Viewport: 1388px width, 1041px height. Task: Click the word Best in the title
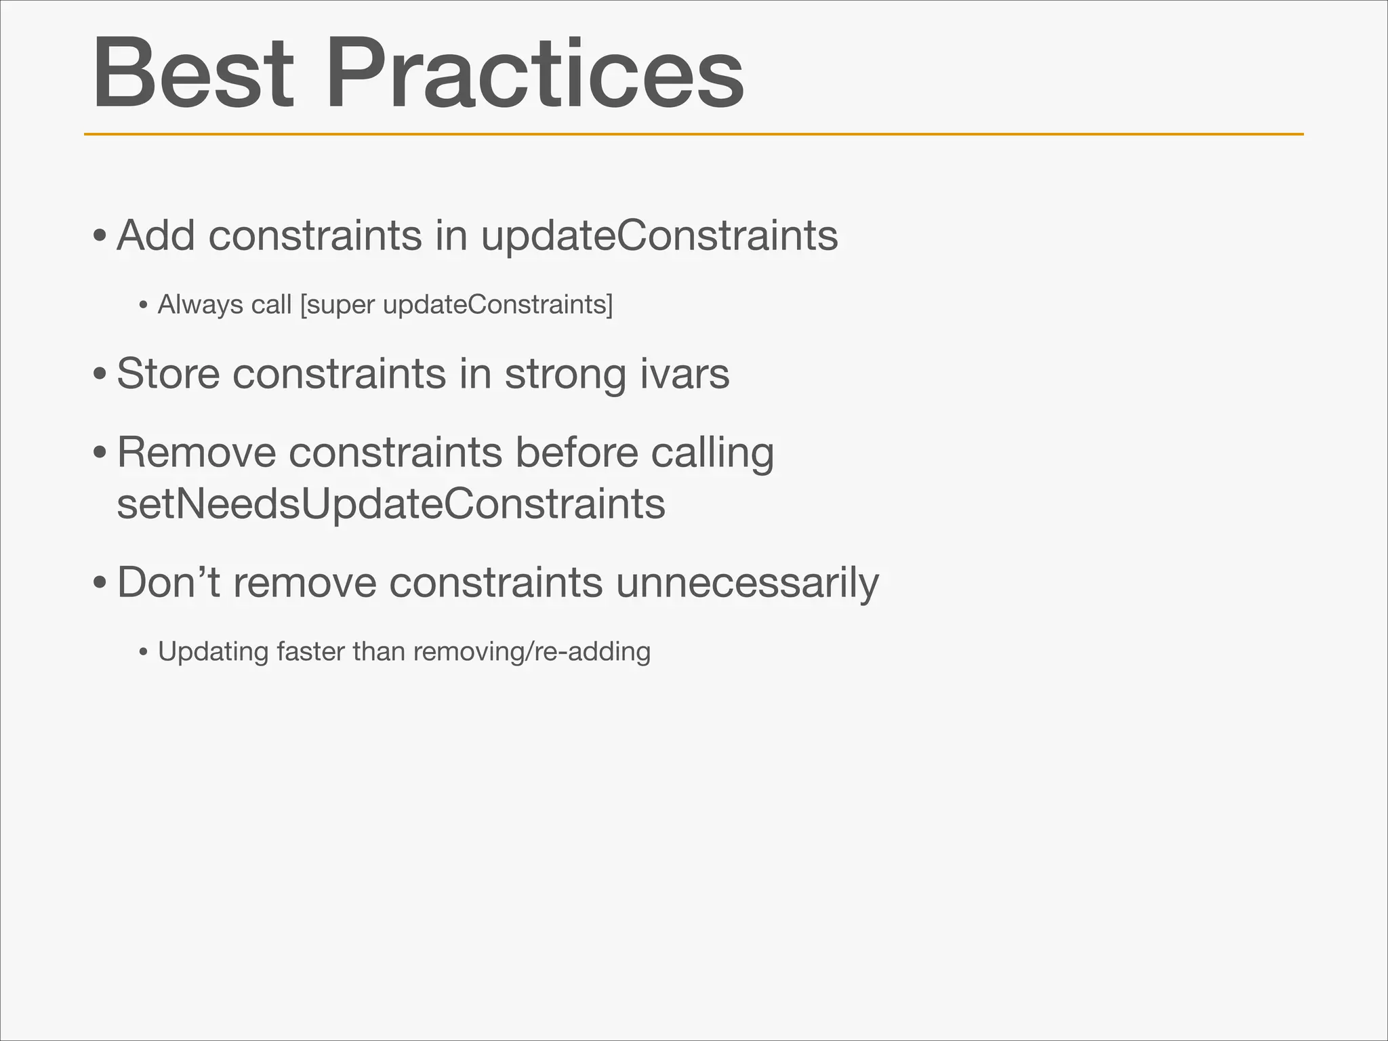(x=193, y=73)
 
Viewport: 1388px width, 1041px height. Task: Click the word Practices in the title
(x=535, y=73)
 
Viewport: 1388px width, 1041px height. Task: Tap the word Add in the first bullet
(x=156, y=235)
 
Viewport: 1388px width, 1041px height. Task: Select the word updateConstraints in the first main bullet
(x=659, y=237)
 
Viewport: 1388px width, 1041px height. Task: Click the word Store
(x=168, y=373)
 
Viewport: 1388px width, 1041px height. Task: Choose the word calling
(x=712, y=453)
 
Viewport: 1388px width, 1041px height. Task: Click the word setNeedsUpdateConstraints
(x=391, y=504)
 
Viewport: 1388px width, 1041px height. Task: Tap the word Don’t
(x=168, y=582)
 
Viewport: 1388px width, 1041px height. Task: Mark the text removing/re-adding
(x=531, y=652)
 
